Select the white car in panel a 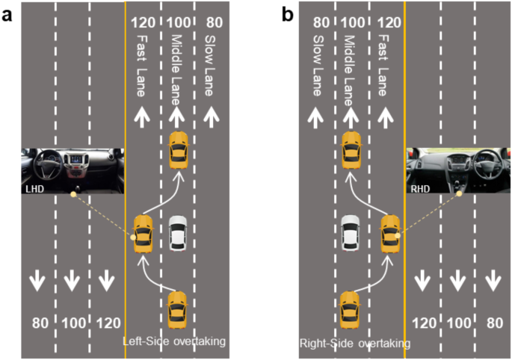pos(177,234)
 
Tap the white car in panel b pos(351,234)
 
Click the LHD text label pos(33,189)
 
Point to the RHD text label pos(419,189)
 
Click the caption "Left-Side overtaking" pos(174,341)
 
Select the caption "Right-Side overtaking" pos(354,343)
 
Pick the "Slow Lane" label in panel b pos(317,65)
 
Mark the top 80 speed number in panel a pos(212,22)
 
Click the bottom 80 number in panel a pos(40,323)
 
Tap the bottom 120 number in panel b pos(423,323)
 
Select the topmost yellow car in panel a pos(178,149)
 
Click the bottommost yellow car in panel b pos(351,309)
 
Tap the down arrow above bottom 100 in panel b pos(457,281)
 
